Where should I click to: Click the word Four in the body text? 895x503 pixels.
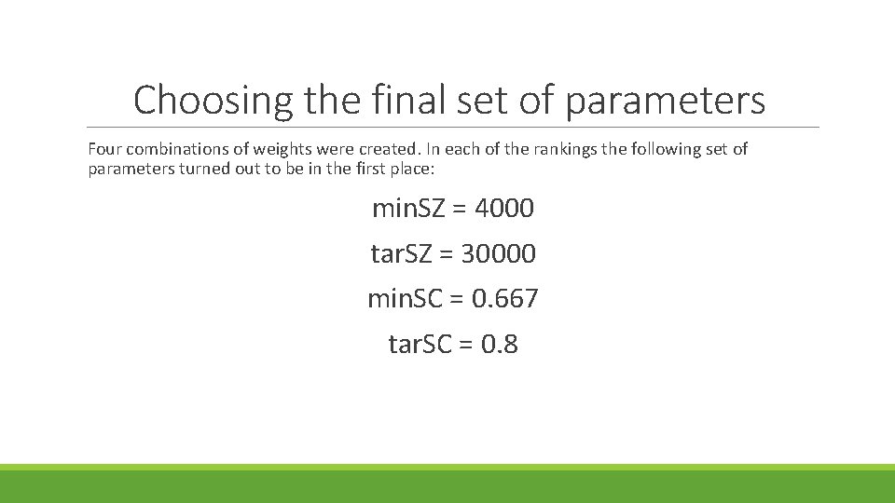pyautogui.click(x=104, y=149)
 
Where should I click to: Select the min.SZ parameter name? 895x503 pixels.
pyautogui.click(x=408, y=208)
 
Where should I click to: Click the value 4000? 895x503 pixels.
pyautogui.click(x=504, y=208)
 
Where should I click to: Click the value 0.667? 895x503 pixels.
pyautogui.click(x=504, y=299)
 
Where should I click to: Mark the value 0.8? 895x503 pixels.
pyautogui.click(x=500, y=345)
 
